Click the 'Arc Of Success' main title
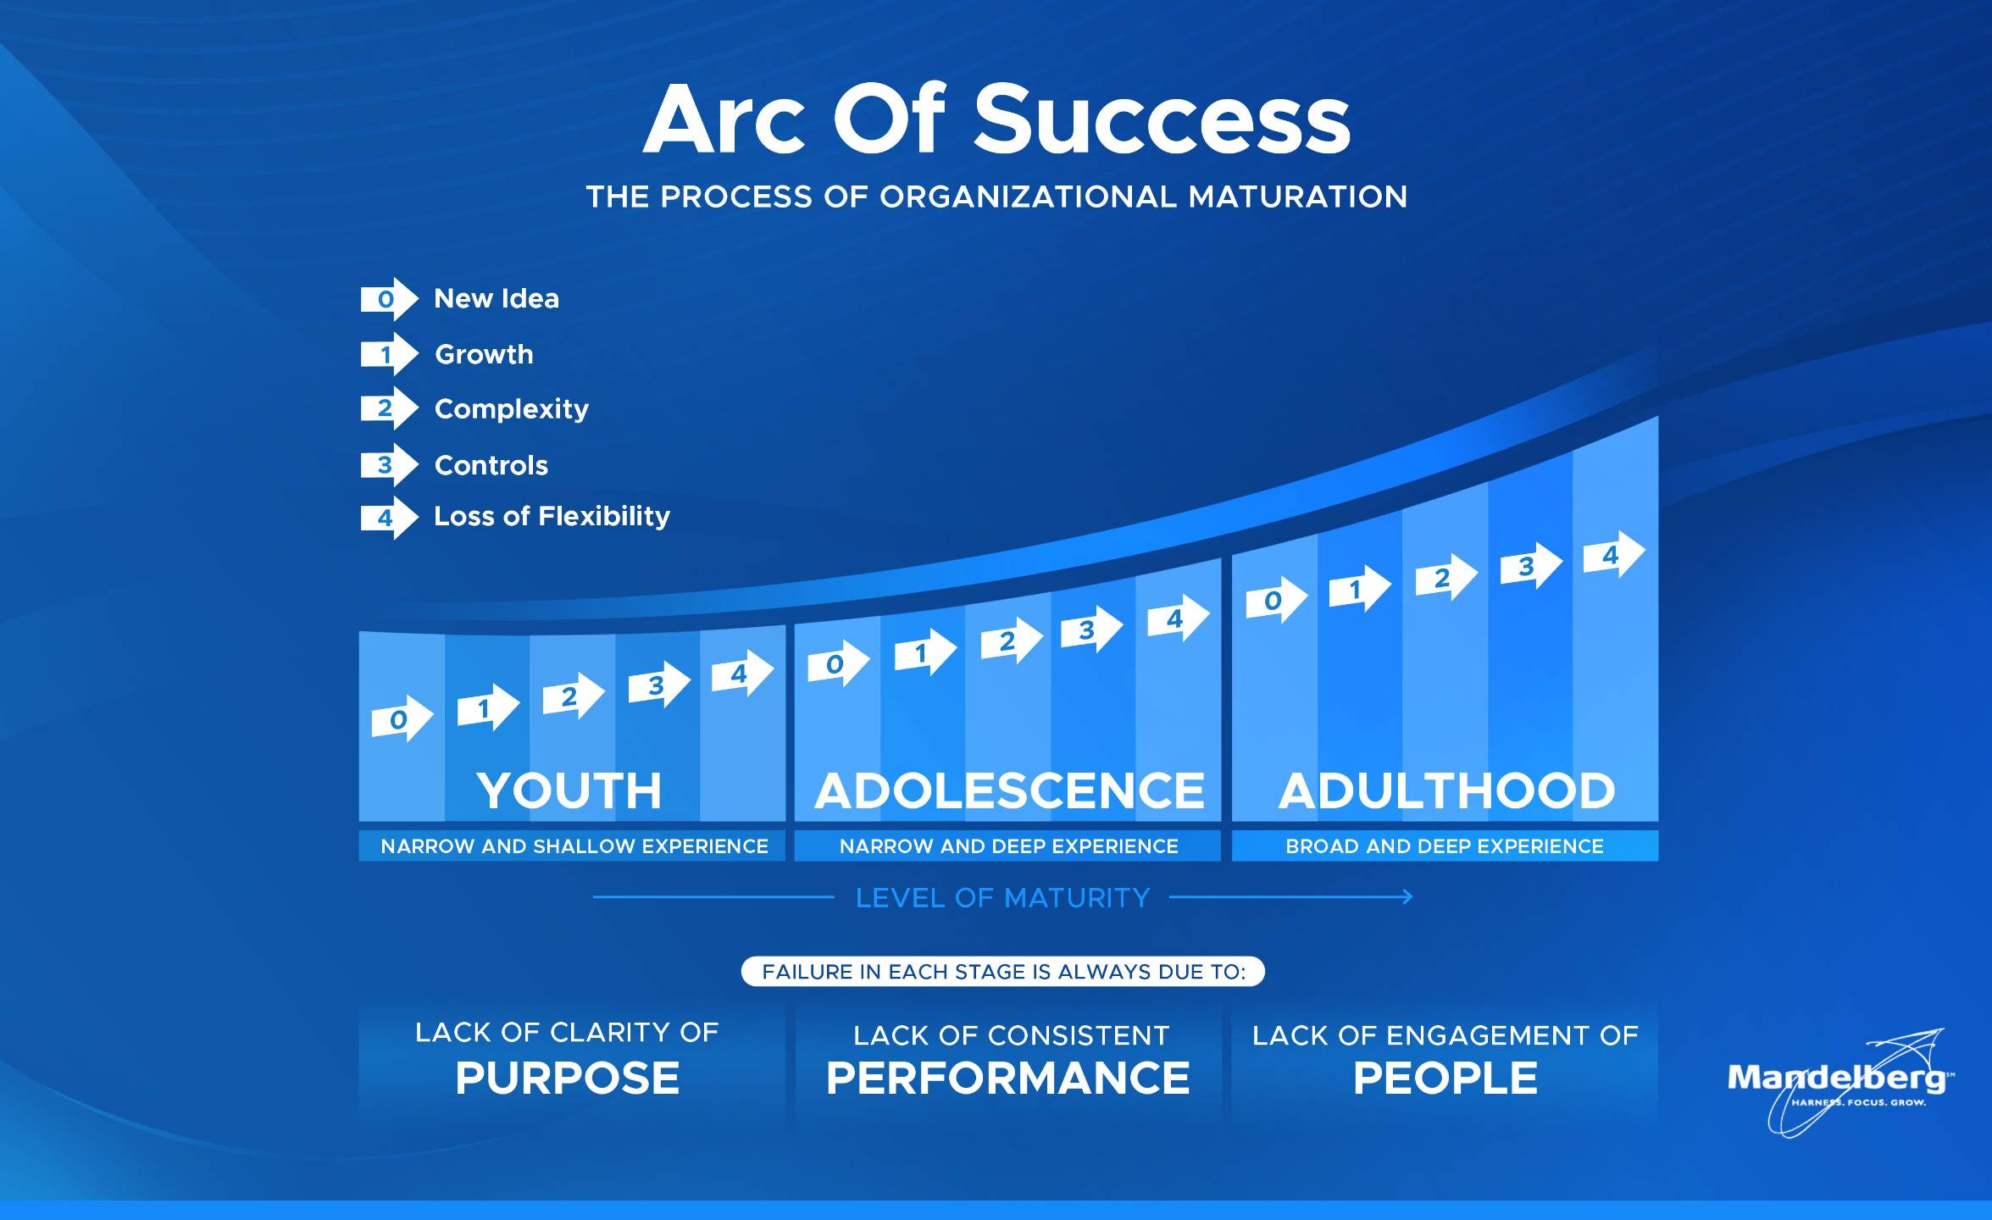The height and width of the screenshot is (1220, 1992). (x=996, y=119)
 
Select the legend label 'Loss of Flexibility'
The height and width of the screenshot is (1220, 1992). (x=552, y=516)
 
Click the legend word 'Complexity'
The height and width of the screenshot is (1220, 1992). (x=511, y=409)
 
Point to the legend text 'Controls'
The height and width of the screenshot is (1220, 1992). (x=491, y=465)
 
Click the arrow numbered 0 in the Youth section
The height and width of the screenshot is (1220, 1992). (x=402, y=719)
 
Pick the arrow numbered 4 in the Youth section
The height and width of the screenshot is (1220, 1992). (x=742, y=674)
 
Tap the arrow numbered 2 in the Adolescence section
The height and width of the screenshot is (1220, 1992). (x=1012, y=640)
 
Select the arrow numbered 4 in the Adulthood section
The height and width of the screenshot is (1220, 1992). (x=1614, y=554)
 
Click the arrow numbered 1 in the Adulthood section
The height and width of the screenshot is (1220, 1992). (x=1360, y=588)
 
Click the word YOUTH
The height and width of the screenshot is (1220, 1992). (x=569, y=790)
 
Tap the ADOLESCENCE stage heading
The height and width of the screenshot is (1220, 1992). (x=1009, y=790)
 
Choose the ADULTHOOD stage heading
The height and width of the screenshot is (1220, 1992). (x=1446, y=790)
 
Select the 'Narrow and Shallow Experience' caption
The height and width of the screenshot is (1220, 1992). (x=574, y=846)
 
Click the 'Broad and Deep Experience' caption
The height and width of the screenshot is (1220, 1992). (x=1445, y=846)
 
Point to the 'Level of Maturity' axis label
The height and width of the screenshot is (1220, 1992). (x=1002, y=898)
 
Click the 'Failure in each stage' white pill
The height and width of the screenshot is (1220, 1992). (x=1003, y=972)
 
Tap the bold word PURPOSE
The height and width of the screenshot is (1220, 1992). (x=568, y=1079)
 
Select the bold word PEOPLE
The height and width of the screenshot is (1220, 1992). (x=1445, y=1079)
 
